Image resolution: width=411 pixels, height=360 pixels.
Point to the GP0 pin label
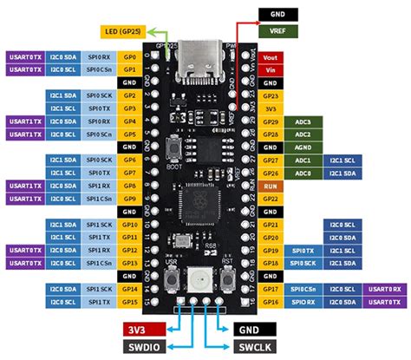[130, 55]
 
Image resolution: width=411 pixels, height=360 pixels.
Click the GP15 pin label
[130, 300]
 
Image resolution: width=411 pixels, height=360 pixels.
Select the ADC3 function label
[303, 122]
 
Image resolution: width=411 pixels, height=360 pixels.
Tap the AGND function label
[303, 147]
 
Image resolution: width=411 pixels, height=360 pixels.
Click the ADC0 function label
[303, 173]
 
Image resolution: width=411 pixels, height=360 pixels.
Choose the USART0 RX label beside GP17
[384, 287]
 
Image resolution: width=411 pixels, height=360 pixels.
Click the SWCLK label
[254, 345]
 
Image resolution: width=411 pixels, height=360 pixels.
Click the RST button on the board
[229, 279]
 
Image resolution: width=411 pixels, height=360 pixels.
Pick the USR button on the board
[171, 279]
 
